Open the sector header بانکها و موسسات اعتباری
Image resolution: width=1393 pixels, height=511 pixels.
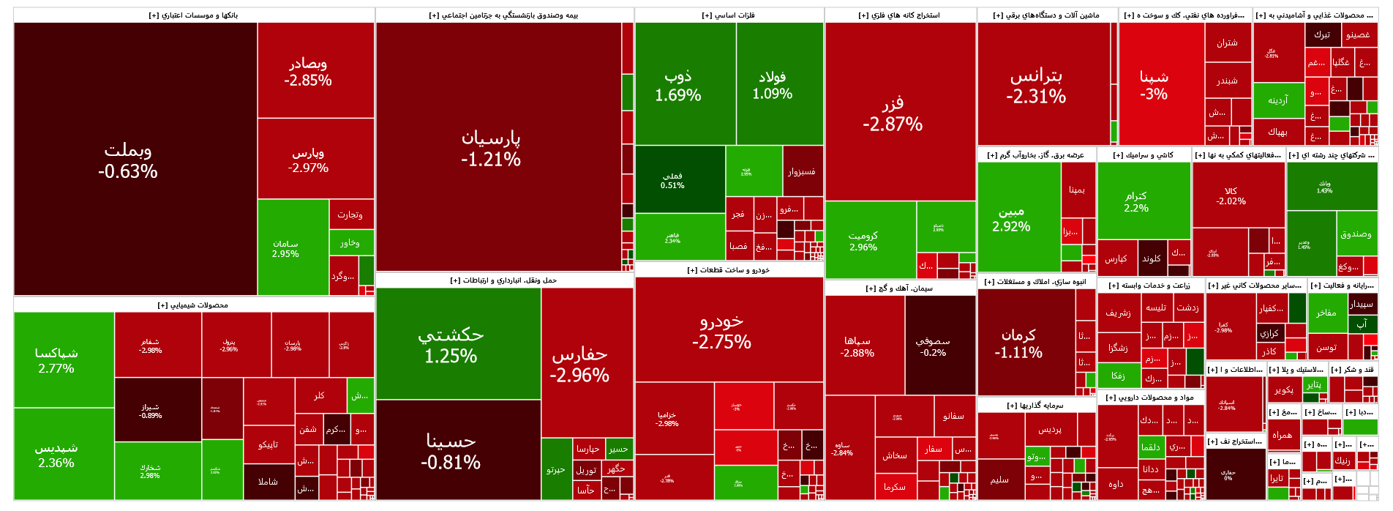coord(194,15)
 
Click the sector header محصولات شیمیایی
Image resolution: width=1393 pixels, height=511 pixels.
coord(194,305)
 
